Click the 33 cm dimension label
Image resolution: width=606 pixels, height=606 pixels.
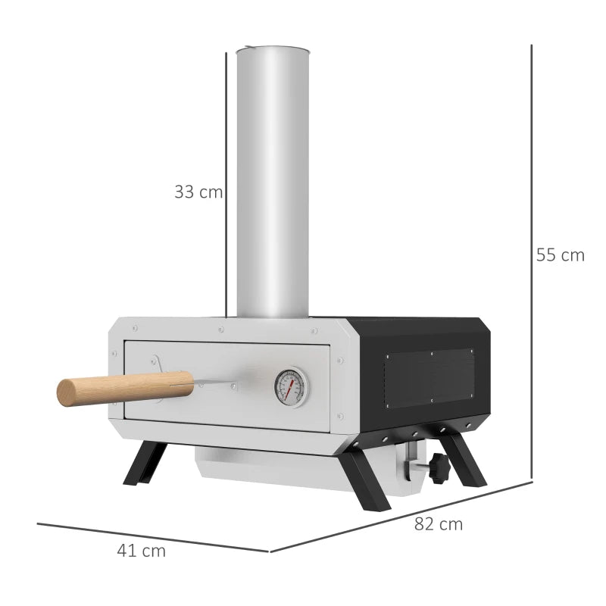point(198,192)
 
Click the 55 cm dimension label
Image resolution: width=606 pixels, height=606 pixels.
point(561,255)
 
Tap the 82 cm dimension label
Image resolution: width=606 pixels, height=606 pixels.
point(439,523)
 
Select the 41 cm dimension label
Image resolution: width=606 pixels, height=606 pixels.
point(142,551)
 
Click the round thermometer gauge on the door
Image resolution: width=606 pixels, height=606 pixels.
point(290,386)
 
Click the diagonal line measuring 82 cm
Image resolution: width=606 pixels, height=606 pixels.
point(401,516)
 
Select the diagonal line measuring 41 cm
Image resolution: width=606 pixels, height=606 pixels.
point(151,537)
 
